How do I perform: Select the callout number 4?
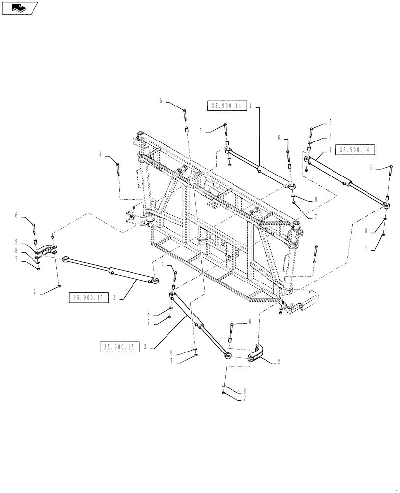click(x=330, y=136)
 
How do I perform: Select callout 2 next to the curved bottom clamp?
click(x=279, y=361)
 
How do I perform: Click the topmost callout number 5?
click(x=161, y=101)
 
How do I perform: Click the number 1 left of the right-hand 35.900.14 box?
click(x=330, y=149)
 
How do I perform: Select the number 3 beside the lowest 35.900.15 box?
click(x=146, y=347)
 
